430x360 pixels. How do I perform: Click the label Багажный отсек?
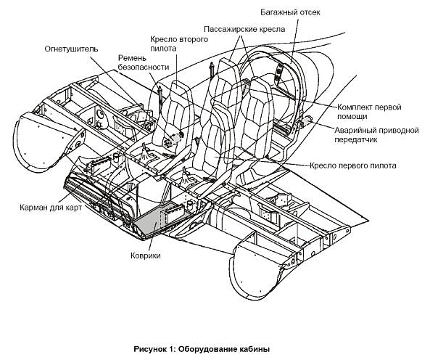click(290, 12)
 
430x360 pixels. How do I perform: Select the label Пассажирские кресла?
click(244, 29)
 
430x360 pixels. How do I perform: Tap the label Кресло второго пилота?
click(179, 44)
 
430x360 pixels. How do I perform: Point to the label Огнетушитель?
click(71, 49)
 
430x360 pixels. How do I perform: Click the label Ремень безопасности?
click(144, 62)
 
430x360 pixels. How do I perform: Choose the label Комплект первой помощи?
click(369, 112)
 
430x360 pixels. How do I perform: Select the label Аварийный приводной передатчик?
click(376, 135)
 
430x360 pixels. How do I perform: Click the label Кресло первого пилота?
click(353, 165)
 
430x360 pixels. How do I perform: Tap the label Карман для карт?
click(51, 207)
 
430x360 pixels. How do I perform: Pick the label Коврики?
click(146, 255)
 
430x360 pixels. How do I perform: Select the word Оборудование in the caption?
click(210, 349)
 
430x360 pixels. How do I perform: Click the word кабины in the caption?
click(256, 349)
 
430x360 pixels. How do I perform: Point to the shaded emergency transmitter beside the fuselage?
click(306, 120)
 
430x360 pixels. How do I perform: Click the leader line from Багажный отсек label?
click(294, 40)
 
